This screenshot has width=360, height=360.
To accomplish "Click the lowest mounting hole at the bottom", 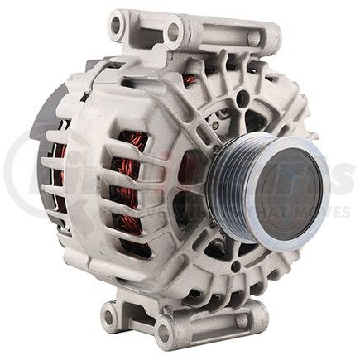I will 163,334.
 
